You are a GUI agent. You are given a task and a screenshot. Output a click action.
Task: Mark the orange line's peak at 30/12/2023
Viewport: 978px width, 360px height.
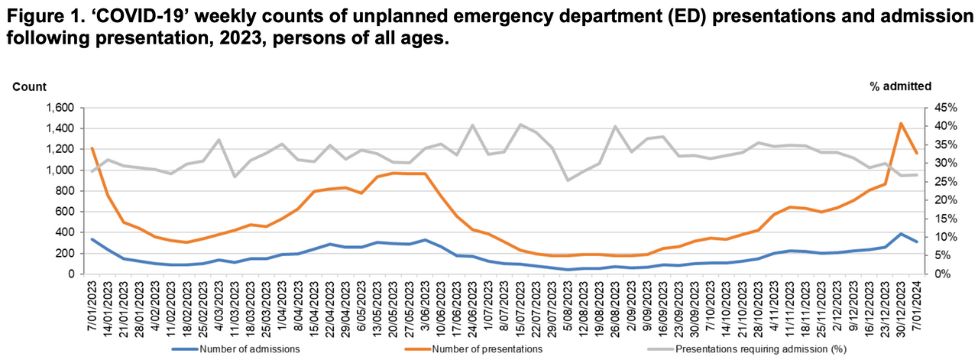pos(901,123)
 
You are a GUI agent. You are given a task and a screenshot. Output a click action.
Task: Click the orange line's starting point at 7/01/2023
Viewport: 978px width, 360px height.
pos(92,148)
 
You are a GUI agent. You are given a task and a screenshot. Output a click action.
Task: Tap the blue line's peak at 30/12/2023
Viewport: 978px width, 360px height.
pos(901,234)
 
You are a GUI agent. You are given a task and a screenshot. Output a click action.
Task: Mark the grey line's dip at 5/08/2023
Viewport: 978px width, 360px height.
pos(567,180)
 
